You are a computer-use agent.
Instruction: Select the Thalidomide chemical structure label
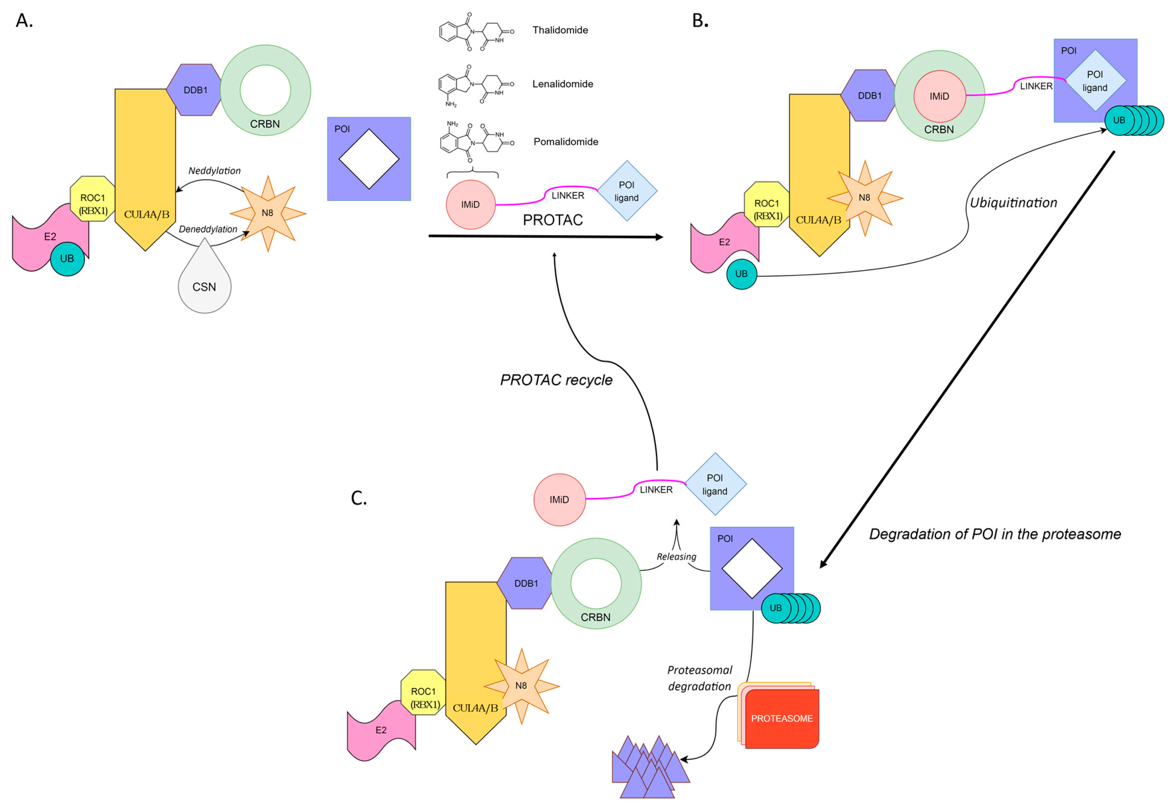click(560, 30)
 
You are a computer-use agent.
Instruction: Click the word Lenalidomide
click(562, 84)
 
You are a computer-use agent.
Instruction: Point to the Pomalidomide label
click(565, 142)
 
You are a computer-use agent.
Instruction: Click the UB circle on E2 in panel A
click(67, 258)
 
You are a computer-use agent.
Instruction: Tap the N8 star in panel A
click(267, 213)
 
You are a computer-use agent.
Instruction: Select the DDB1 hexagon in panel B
click(869, 95)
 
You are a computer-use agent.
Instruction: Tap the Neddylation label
click(214, 170)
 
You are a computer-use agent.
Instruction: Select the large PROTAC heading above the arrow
click(552, 220)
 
